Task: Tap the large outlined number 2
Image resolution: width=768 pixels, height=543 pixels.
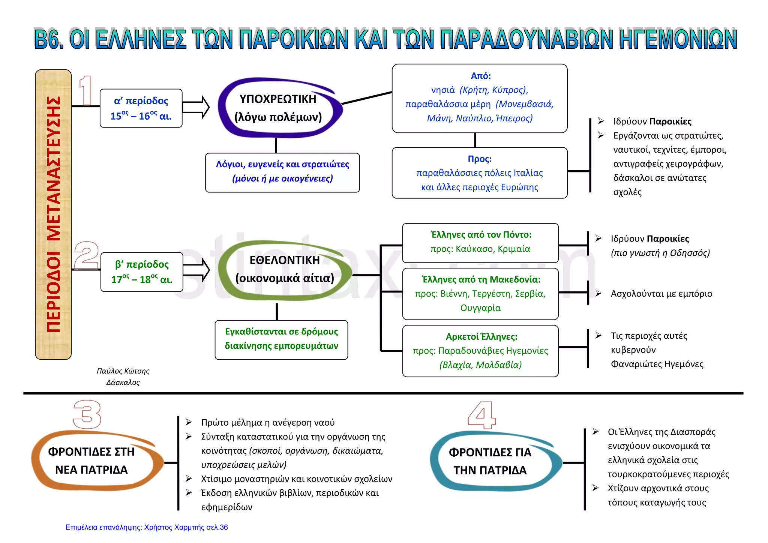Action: coord(87,255)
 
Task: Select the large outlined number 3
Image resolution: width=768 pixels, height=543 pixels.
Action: coord(87,414)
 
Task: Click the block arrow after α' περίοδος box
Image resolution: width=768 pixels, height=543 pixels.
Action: coord(196,107)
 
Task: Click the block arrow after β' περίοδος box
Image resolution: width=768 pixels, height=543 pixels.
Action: coord(196,269)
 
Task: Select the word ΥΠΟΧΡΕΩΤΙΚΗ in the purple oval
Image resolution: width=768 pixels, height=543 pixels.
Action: coord(278,99)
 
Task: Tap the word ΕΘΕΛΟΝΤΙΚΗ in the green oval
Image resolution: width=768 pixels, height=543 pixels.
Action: coord(285,260)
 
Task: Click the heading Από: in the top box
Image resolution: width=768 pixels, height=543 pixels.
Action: coord(481,76)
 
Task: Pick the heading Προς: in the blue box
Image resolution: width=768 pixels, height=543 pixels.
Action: coord(480,159)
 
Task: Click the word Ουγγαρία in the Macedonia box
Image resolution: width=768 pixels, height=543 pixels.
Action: coord(480,308)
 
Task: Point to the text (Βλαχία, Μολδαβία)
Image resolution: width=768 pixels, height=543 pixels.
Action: coord(480,365)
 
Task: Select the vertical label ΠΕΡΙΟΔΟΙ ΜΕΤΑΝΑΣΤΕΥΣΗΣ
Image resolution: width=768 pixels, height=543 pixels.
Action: coord(53,214)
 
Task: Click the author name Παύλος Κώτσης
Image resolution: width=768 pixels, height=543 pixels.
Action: coord(123,371)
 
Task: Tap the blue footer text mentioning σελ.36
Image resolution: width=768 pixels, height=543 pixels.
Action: coord(147,527)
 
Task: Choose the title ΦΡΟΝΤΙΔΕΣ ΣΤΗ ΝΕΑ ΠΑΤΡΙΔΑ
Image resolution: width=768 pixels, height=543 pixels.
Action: coord(91,460)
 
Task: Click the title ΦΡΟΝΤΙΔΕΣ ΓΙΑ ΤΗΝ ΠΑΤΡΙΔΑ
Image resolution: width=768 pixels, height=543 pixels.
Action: coord(490,461)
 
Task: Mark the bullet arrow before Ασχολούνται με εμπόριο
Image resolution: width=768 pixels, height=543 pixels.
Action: coord(598,293)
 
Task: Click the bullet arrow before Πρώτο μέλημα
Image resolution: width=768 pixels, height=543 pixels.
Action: coord(189,422)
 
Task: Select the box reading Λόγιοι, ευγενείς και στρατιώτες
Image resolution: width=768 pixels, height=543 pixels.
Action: coord(282,172)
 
